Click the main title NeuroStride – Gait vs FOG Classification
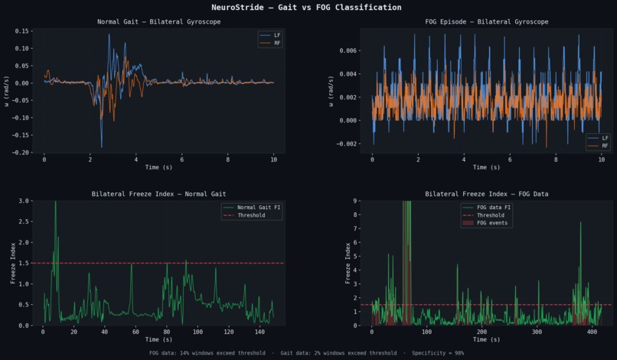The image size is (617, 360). (x=306, y=7)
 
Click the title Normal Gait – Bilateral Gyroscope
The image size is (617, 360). (x=158, y=21)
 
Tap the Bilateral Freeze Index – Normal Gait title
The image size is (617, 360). (x=158, y=194)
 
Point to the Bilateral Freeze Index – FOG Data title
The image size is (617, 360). (x=487, y=194)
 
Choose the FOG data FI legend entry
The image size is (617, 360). (x=492, y=208)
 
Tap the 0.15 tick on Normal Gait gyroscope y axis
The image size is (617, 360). (x=22, y=31)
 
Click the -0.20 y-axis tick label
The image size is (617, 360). (x=21, y=152)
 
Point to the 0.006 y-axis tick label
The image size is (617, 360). (x=347, y=51)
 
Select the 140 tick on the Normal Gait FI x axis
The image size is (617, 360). (x=260, y=332)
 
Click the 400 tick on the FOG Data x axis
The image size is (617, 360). (x=592, y=332)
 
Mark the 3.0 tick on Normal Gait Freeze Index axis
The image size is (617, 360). (x=25, y=201)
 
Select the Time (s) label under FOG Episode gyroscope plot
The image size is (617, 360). (x=487, y=167)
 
